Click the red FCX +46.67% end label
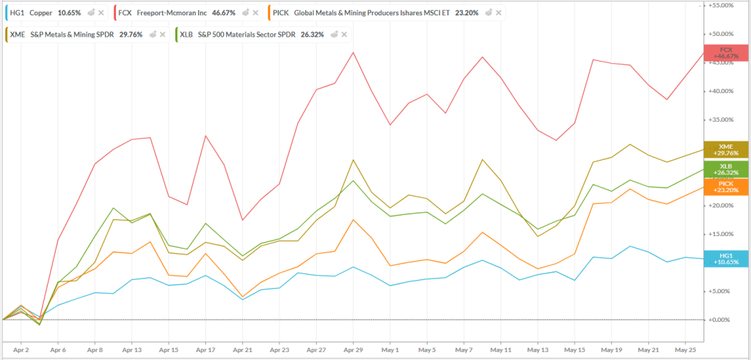[x=726, y=53]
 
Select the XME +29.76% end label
[x=726, y=150]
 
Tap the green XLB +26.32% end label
[x=726, y=170]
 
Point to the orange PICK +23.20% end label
[x=726, y=187]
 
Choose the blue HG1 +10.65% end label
[x=726, y=258]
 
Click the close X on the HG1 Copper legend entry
[x=100, y=13]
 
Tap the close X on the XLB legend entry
[x=344, y=34]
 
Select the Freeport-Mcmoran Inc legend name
[x=171, y=13]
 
